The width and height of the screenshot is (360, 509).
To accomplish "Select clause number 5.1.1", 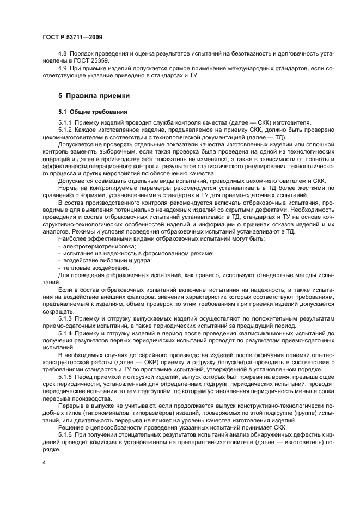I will (x=65, y=123).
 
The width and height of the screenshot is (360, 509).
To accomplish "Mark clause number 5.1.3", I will (x=65, y=317).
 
